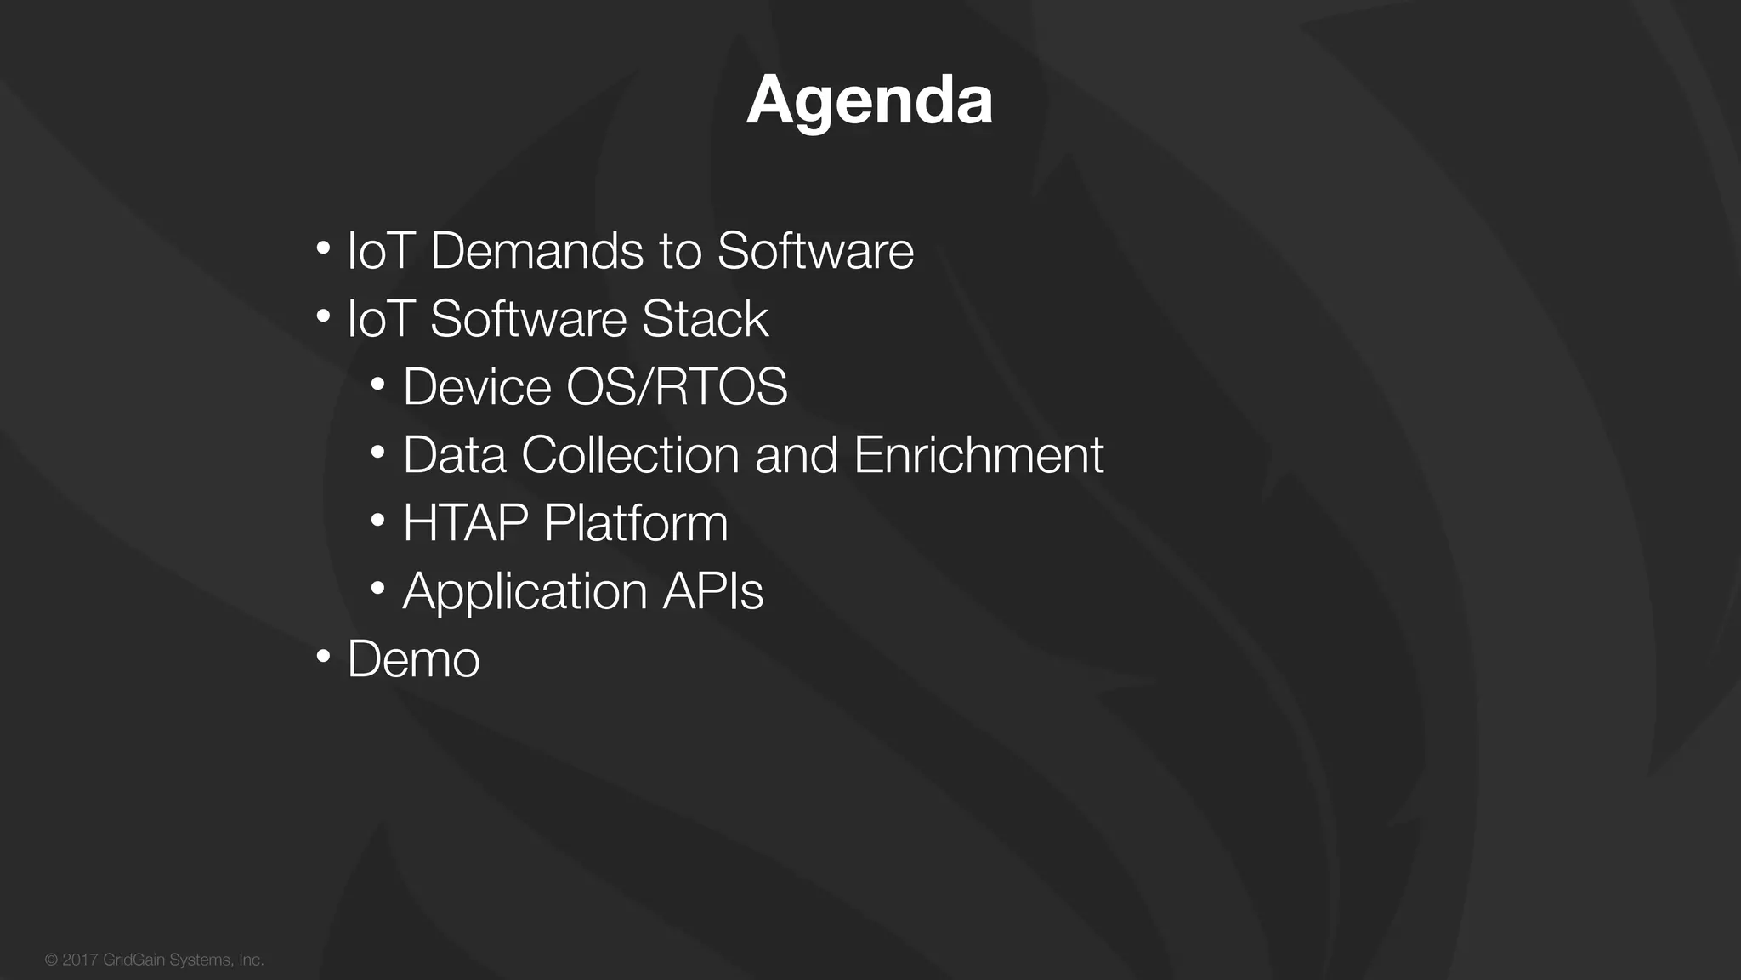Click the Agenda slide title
(870, 100)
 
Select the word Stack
(705, 319)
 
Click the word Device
(477, 387)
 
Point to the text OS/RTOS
(677, 387)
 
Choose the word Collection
(630, 455)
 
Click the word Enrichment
(978, 455)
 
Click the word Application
(525, 592)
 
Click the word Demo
(413, 659)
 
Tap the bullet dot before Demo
(323, 656)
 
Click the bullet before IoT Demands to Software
(323, 248)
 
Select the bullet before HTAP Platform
(378, 520)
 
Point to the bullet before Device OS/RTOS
(378, 384)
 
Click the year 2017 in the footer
(80, 960)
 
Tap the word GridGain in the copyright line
(133, 960)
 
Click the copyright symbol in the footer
(51, 960)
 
